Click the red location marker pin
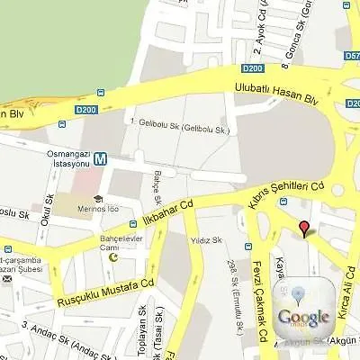304,228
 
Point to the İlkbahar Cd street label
168,213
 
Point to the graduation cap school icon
97,199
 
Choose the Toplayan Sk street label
141,335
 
